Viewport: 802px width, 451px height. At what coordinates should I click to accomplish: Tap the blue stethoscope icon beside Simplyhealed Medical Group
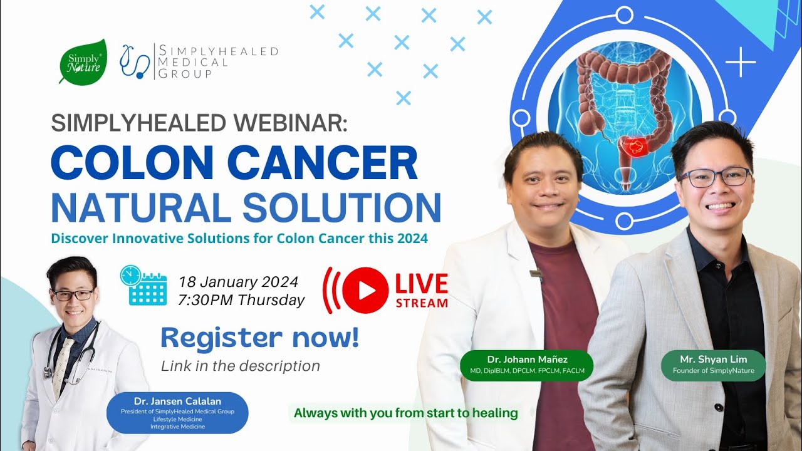pos(135,61)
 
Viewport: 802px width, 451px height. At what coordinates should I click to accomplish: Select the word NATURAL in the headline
pos(141,208)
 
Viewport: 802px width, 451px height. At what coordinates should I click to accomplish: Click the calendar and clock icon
pos(143,286)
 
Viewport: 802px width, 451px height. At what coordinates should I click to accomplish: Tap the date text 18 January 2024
pos(238,281)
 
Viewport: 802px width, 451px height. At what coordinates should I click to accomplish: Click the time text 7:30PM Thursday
pos(241,300)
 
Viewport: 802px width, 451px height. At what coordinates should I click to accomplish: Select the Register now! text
pos(260,338)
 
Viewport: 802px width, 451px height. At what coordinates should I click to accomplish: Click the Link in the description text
pos(240,366)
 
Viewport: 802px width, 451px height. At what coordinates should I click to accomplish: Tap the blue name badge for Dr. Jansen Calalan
pos(177,413)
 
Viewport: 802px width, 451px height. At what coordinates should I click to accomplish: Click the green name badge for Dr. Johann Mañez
pos(526,365)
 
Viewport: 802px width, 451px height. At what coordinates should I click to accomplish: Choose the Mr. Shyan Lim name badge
pos(713,365)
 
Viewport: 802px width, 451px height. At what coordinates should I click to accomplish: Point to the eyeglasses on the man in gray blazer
pos(715,177)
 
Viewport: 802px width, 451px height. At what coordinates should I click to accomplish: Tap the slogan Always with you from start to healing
pos(405,413)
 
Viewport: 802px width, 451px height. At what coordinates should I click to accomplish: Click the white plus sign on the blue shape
pos(741,63)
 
